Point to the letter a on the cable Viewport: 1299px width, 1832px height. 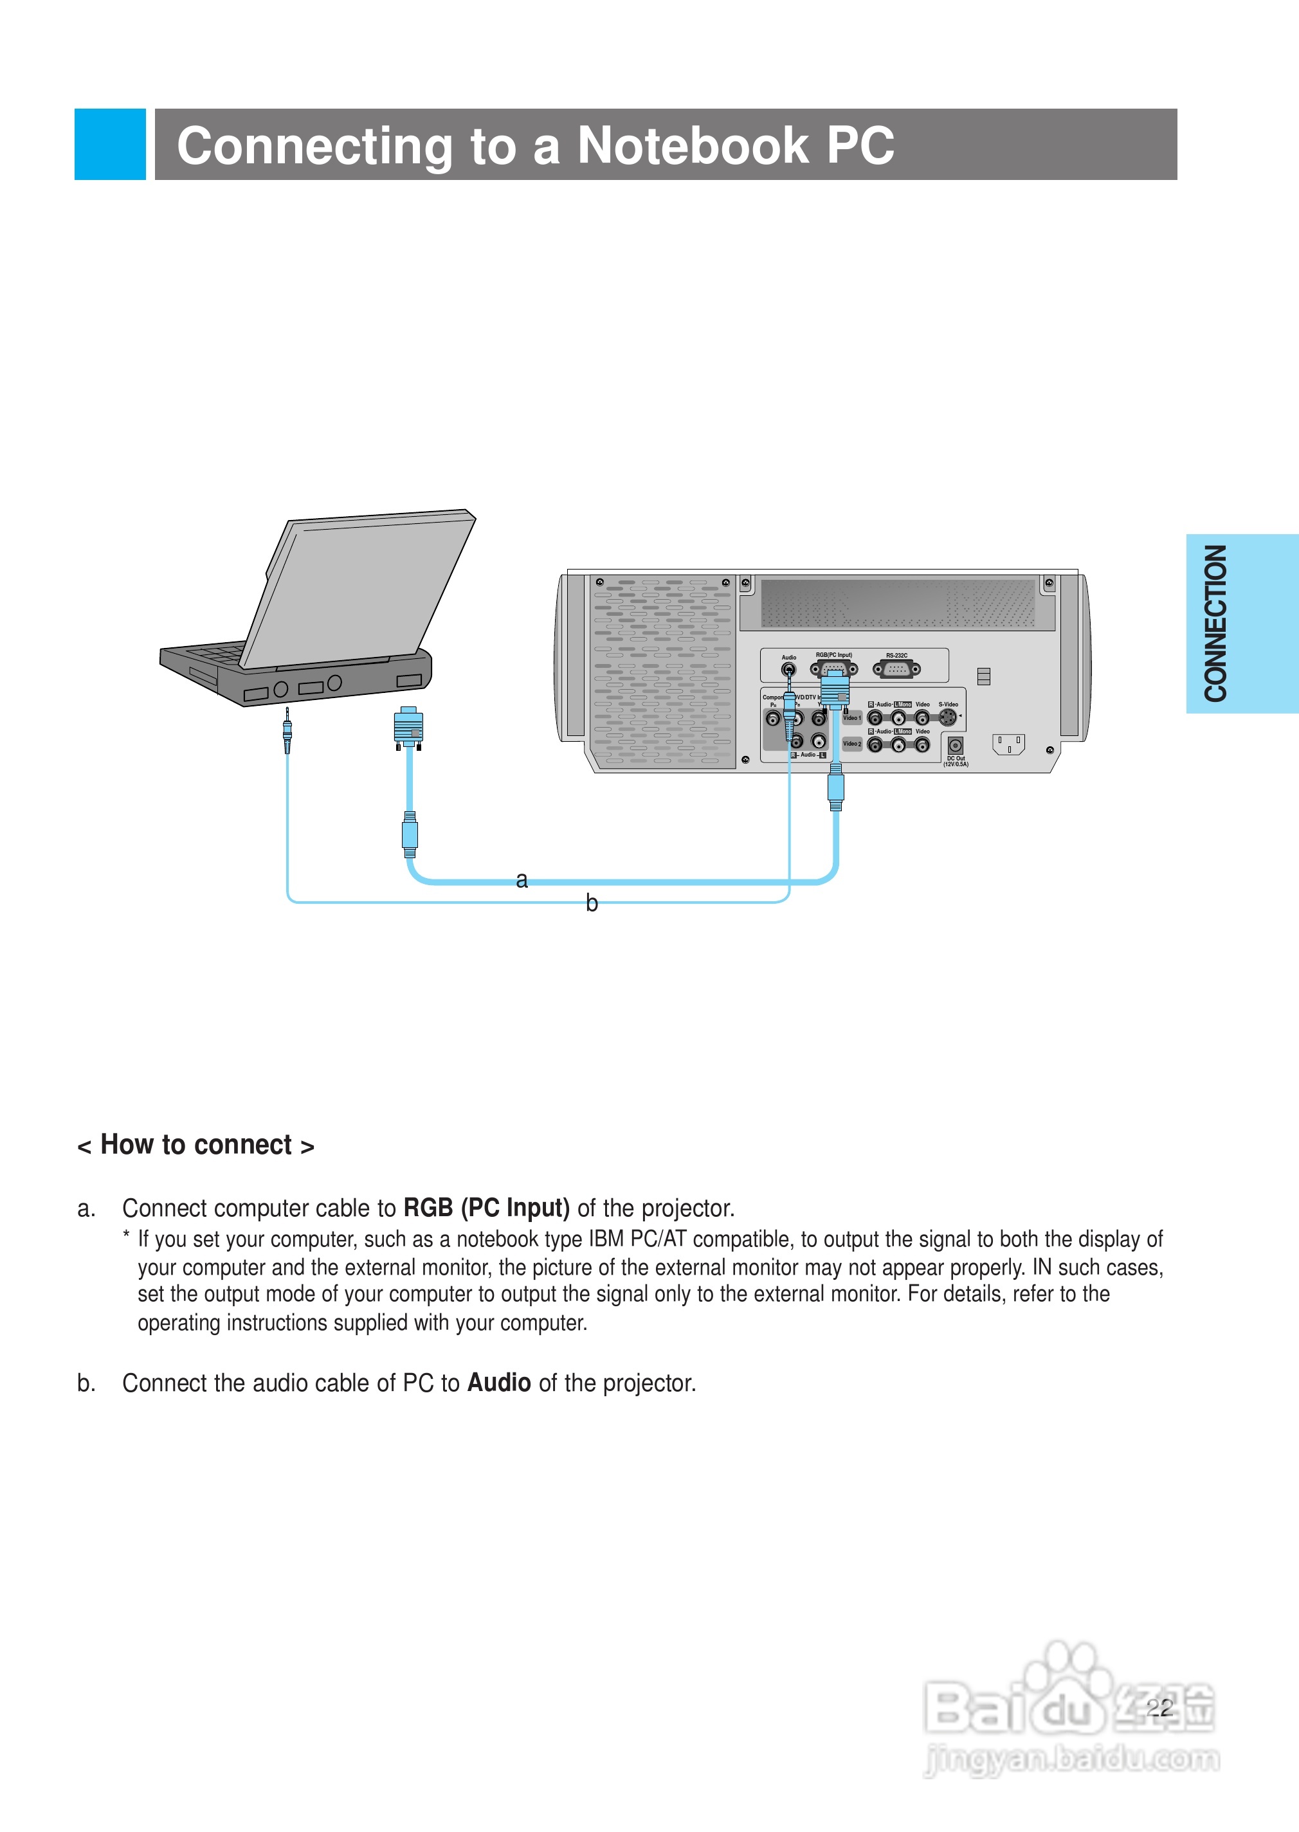(522, 879)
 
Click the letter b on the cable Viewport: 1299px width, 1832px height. (591, 903)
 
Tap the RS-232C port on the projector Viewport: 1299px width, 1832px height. (896, 669)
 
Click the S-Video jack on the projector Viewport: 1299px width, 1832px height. (947, 717)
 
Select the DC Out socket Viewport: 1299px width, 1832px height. (955, 745)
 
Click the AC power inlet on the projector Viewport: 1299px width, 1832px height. (1008, 744)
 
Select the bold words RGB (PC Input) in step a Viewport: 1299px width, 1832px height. (486, 1207)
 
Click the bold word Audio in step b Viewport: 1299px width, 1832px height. (499, 1383)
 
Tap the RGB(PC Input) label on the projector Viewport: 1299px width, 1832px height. (833, 655)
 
